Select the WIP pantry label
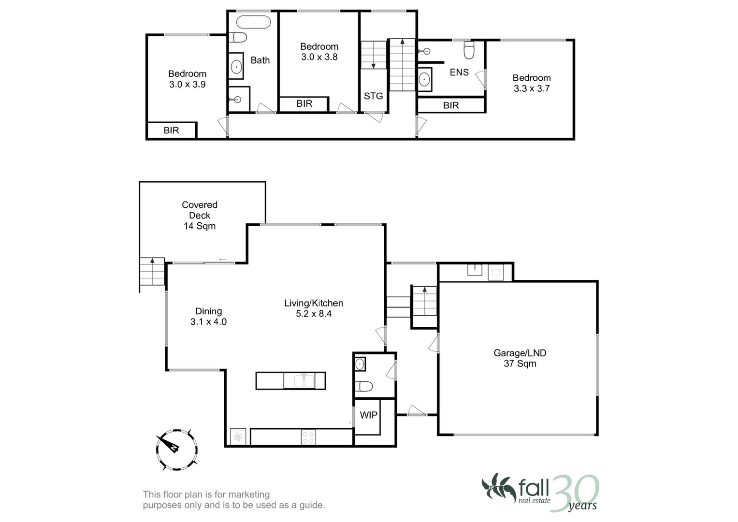tap(368, 415)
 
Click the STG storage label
tap(373, 96)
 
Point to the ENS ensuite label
tap(459, 72)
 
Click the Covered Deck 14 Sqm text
tap(200, 216)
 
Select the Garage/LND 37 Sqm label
tap(520, 358)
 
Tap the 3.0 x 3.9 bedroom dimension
tap(187, 85)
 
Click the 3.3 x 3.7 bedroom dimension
tap(532, 88)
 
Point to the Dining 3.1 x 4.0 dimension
tap(208, 322)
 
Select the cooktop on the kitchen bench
tap(308, 437)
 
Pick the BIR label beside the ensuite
tap(450, 105)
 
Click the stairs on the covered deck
tap(152, 273)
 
